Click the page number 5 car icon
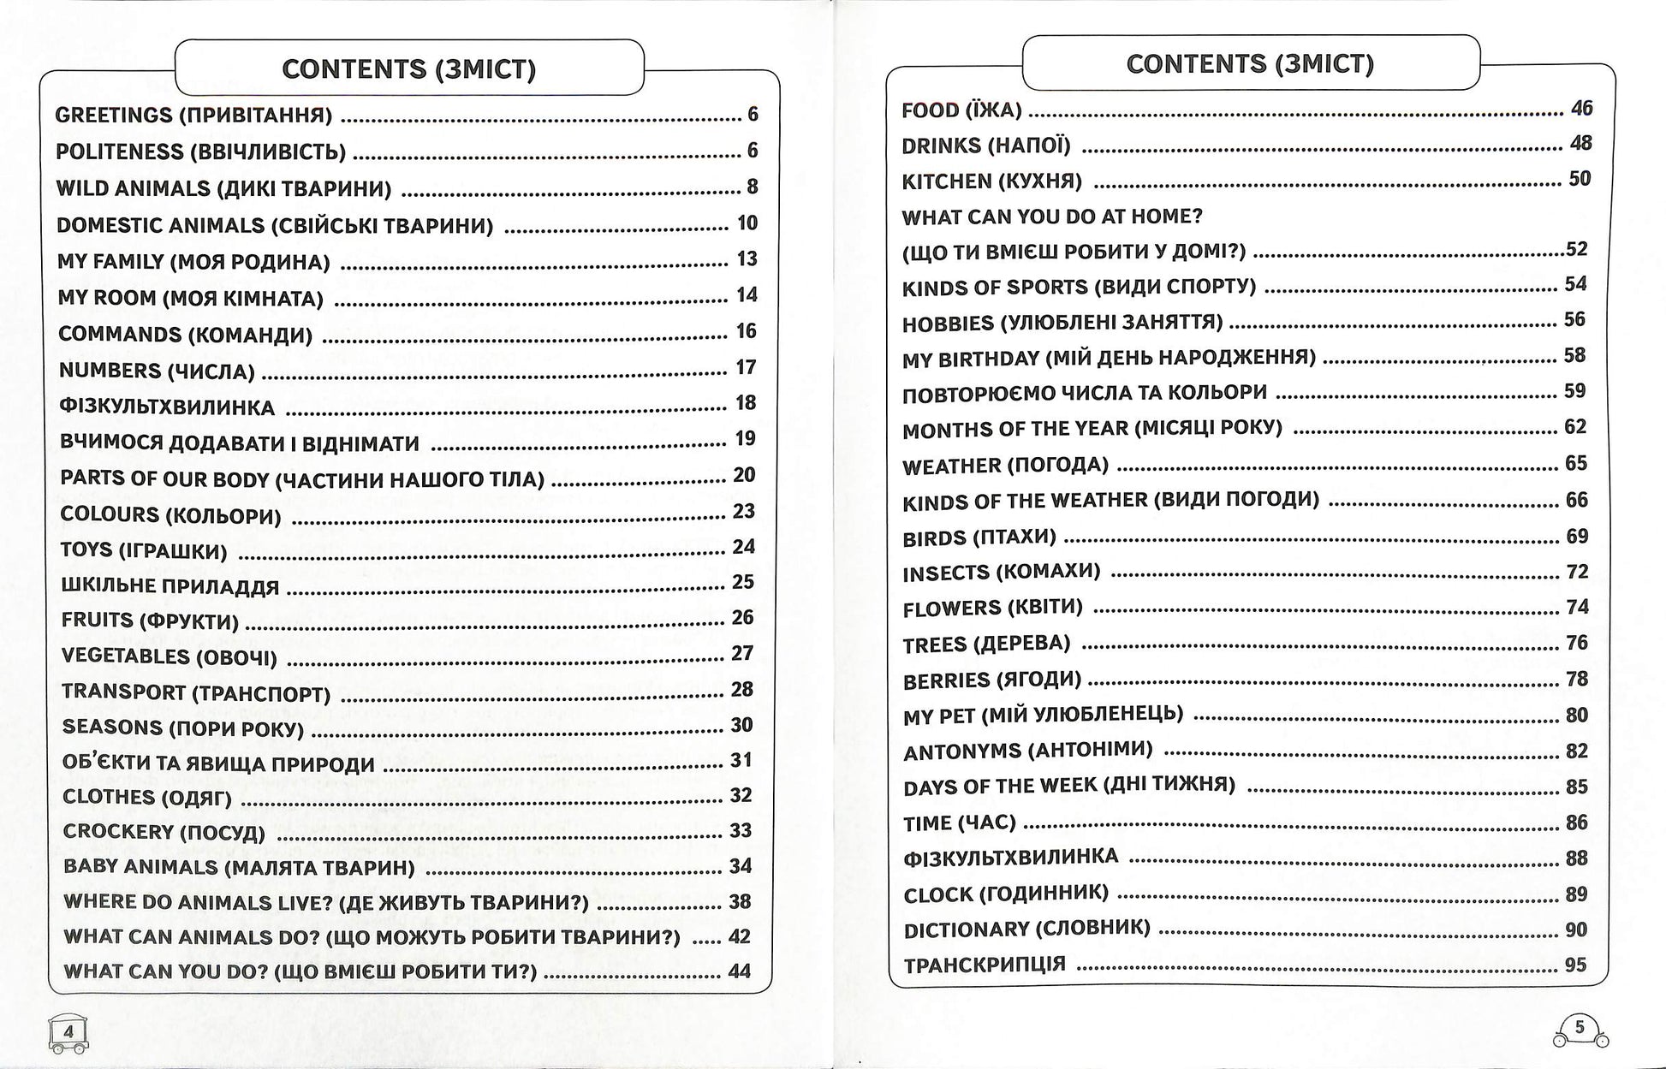point(1580,1029)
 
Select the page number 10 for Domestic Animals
point(747,223)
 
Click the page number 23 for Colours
point(744,511)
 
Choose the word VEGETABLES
point(125,656)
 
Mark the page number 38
point(741,901)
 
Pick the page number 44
point(740,971)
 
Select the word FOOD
point(931,110)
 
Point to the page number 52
point(1576,249)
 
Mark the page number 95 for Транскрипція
point(1576,965)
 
